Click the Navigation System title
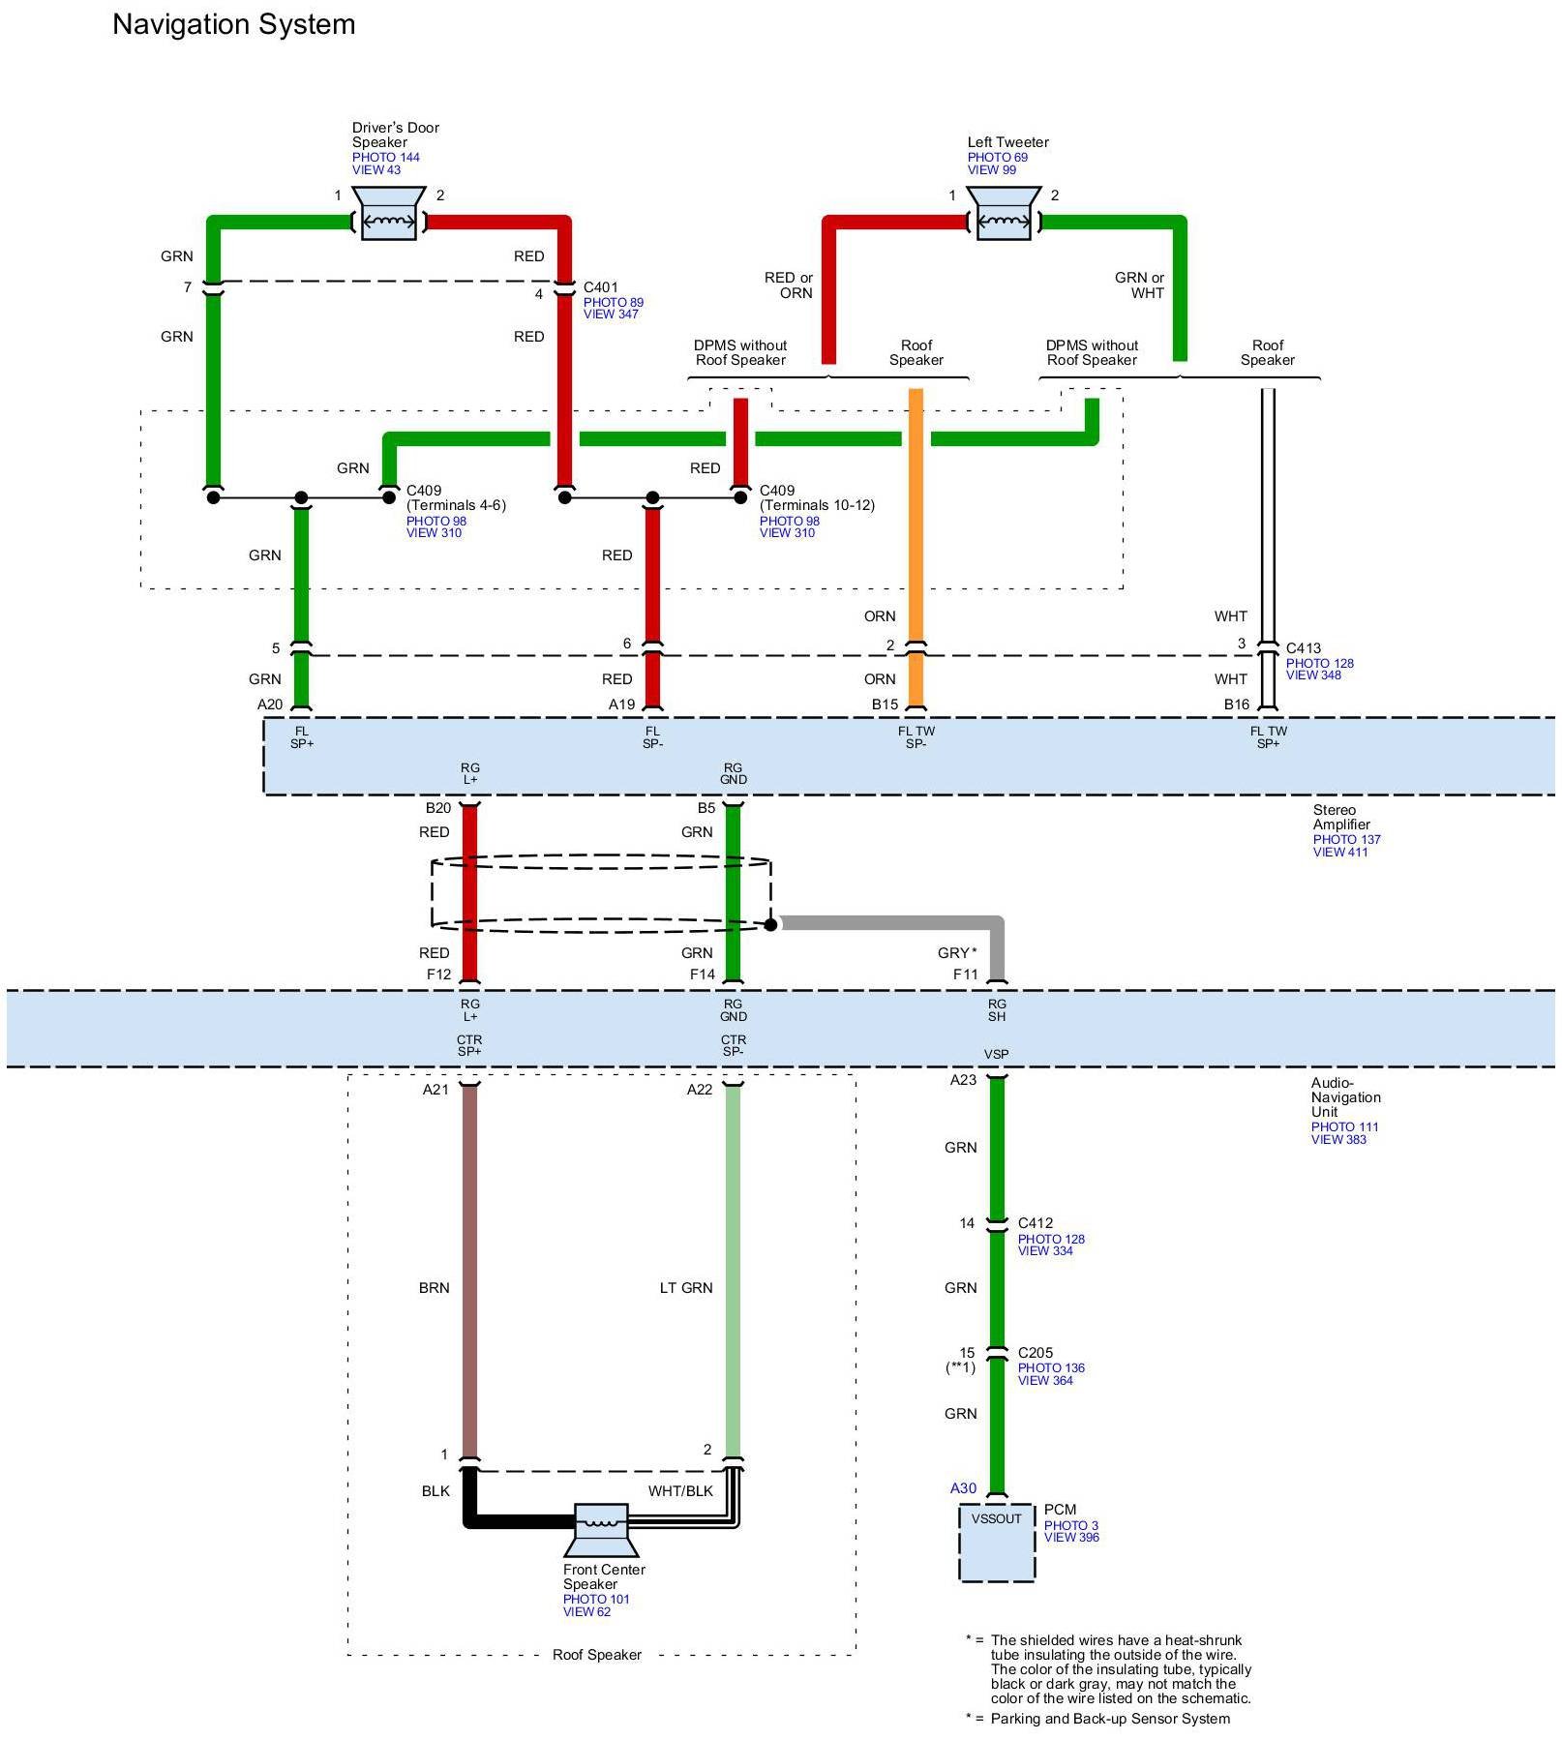pos(233,24)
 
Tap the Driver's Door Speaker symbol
pos(388,214)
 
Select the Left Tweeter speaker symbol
pos(1004,214)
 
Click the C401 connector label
pos(600,287)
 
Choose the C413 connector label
pos(1303,648)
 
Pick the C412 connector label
pos(1035,1223)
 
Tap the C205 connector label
pos(1035,1353)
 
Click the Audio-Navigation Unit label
pos(1345,1097)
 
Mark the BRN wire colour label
pos(434,1288)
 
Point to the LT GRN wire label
pos(685,1288)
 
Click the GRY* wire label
pos(956,953)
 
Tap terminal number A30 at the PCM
pos(963,1488)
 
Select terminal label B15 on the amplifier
pos(885,705)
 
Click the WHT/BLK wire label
pos(680,1491)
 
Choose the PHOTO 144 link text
pos(385,157)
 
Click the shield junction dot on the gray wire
pos(770,925)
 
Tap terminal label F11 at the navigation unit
pos(965,975)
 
